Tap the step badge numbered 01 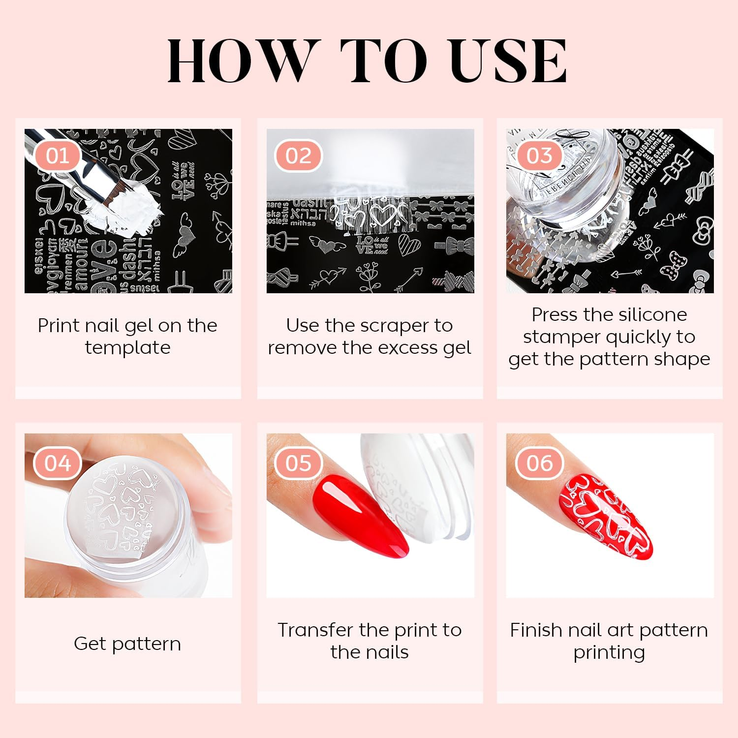point(58,156)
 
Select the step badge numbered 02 point(298,156)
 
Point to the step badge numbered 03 point(539,156)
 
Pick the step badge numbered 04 point(58,463)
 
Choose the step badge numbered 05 point(298,463)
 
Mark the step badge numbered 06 point(539,463)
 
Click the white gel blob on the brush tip point(133,209)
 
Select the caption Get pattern point(127,644)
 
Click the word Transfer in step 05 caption point(315,630)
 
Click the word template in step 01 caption point(127,348)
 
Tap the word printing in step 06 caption point(609,652)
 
